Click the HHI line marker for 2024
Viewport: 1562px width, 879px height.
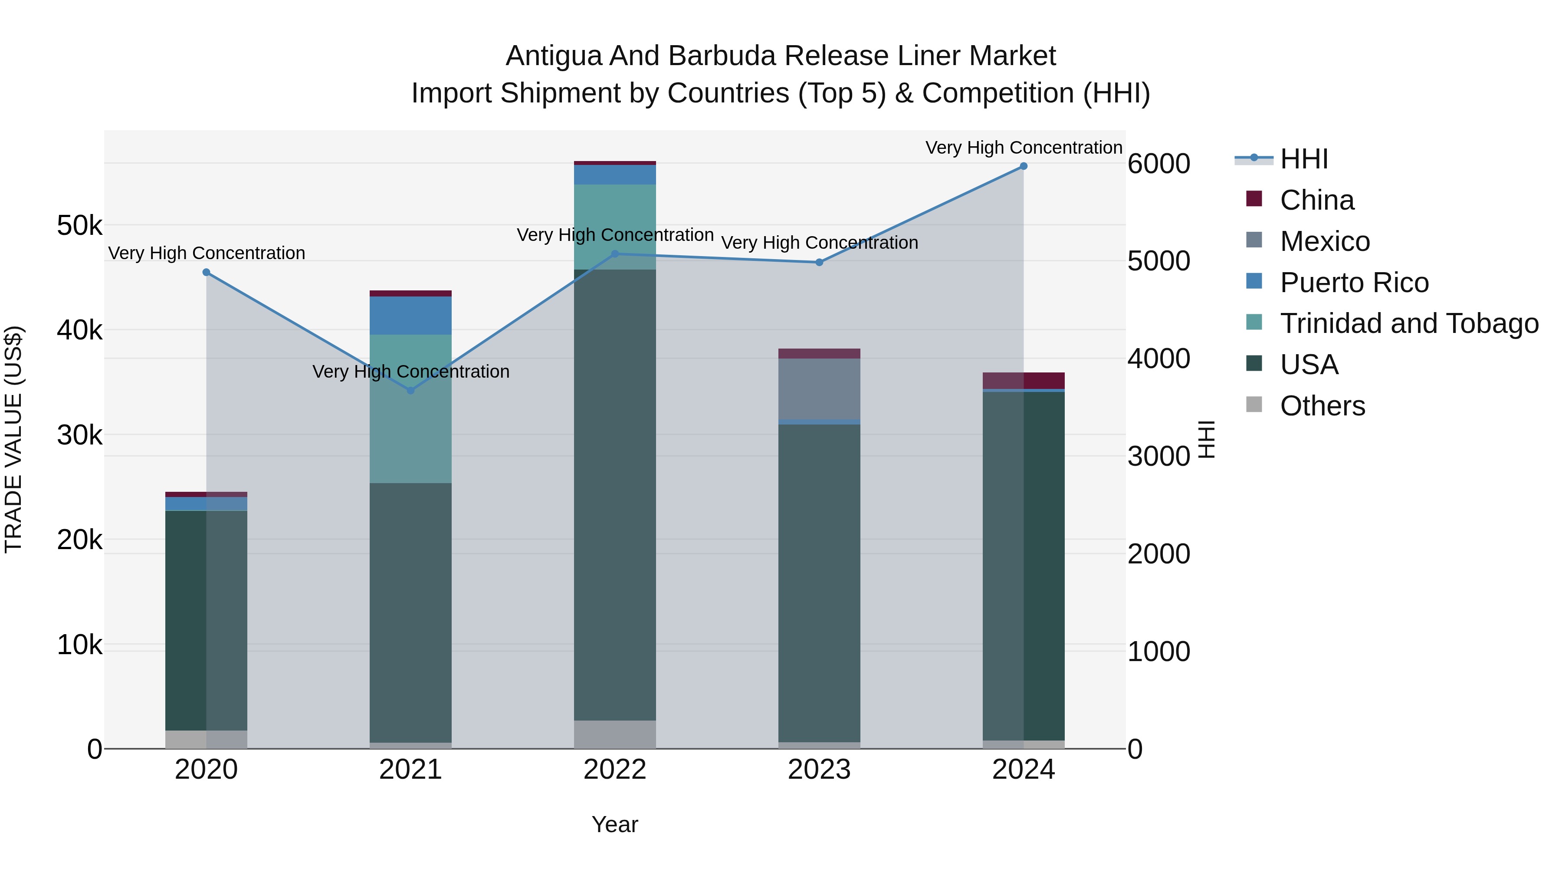pos(1023,166)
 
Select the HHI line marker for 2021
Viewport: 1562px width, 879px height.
pos(410,391)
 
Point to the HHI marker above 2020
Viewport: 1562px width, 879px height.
pos(206,272)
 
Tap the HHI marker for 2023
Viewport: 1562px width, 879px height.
pos(819,263)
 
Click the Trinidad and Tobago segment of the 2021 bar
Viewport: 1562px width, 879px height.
pos(410,408)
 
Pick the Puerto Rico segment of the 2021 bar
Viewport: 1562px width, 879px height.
pos(410,316)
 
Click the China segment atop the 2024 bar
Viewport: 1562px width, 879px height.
pos(1023,380)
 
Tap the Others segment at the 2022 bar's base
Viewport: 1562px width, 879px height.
pos(614,734)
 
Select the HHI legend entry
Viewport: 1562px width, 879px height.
pos(1304,159)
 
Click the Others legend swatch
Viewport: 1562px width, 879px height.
pos(1254,405)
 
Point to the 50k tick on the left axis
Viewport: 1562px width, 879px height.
pos(79,226)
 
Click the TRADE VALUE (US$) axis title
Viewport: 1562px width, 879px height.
pos(13,439)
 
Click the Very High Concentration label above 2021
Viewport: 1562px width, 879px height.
pos(410,371)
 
